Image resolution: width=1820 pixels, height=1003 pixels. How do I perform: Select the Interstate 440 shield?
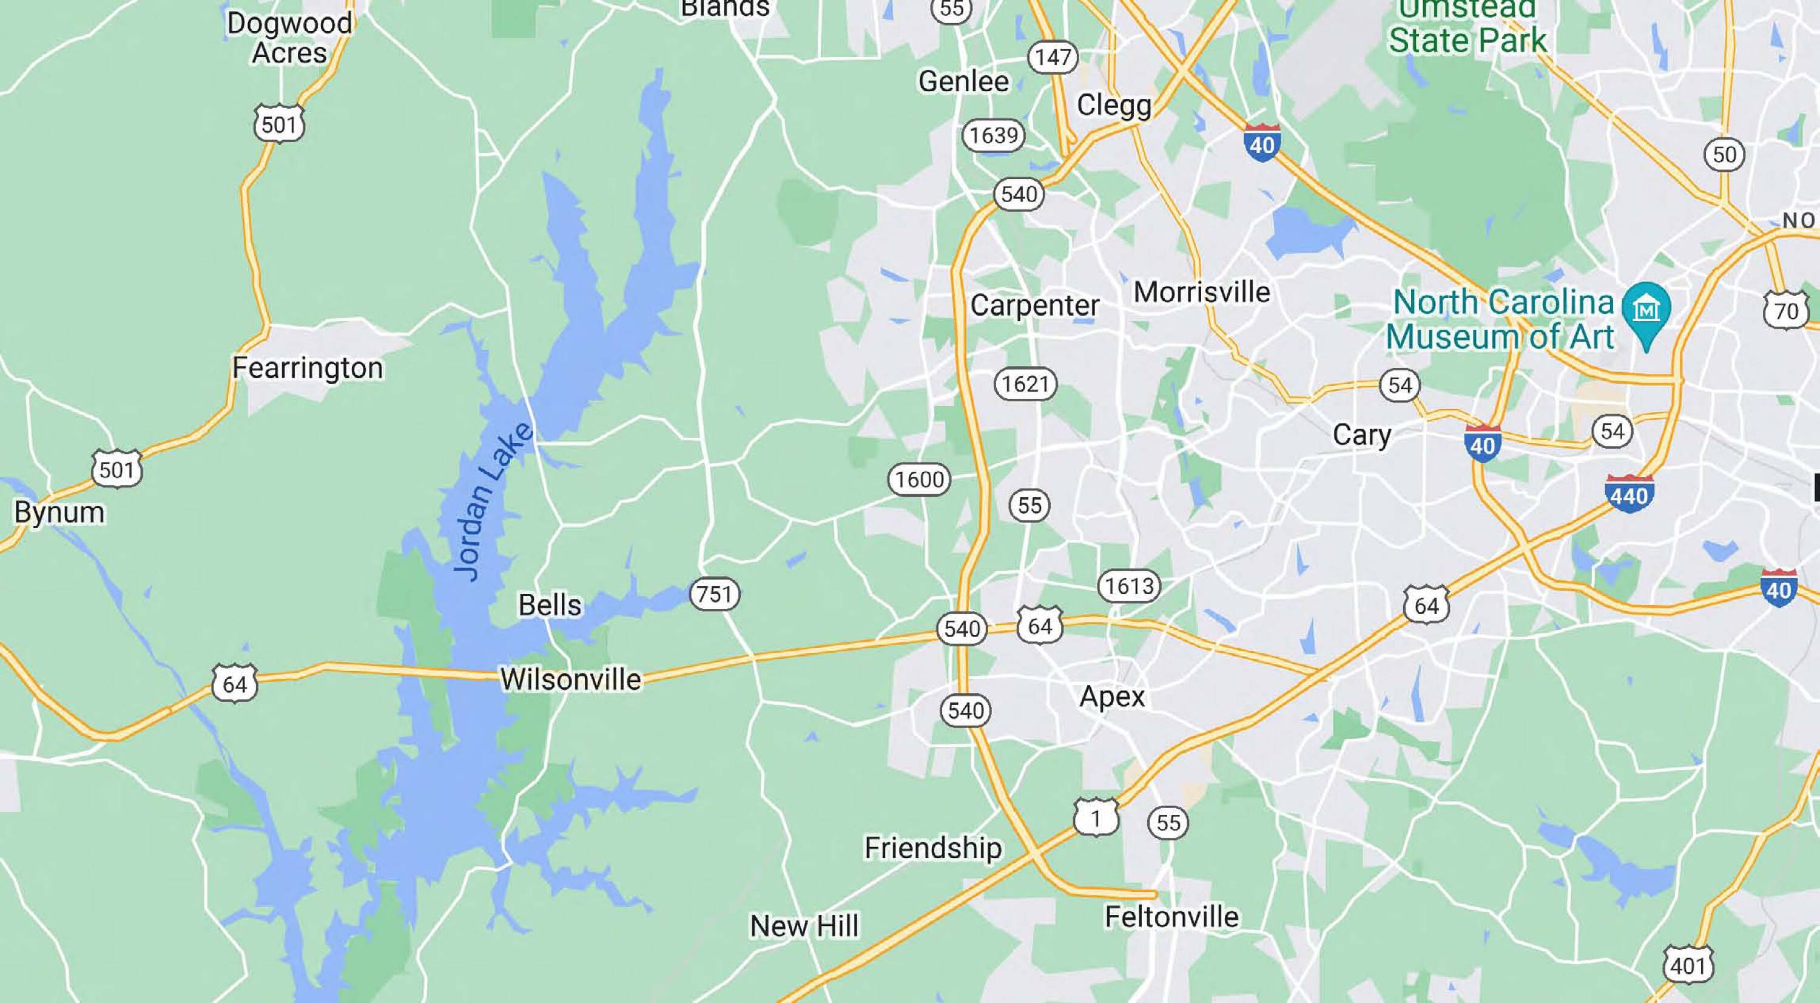pos(1630,494)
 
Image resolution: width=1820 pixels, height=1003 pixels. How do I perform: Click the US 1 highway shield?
pos(1096,818)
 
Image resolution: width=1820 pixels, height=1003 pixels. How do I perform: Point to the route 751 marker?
pos(714,594)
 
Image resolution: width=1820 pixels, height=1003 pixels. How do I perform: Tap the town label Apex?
pos(1112,697)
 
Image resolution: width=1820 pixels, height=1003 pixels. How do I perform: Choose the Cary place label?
pos(1361,435)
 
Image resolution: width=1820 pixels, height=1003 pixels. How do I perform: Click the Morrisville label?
pos(1202,292)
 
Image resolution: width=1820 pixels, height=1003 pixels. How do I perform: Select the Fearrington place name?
pos(308,367)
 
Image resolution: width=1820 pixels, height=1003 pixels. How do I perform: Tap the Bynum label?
pos(59,512)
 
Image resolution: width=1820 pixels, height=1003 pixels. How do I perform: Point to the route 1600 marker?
pos(919,480)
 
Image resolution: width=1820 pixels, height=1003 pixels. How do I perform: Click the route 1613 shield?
pos(1129,586)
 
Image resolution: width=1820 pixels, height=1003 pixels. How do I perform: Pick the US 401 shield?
pos(1688,964)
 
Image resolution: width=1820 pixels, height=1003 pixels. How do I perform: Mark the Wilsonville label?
pos(571,679)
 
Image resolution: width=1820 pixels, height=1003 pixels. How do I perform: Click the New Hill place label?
pos(804,925)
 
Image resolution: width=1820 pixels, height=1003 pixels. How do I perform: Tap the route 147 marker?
pos(1053,56)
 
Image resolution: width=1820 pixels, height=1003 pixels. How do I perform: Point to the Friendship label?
pos(932,848)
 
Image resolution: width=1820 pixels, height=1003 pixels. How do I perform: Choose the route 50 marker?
pos(1725,154)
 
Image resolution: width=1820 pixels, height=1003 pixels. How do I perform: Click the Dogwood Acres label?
pos(289,38)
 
